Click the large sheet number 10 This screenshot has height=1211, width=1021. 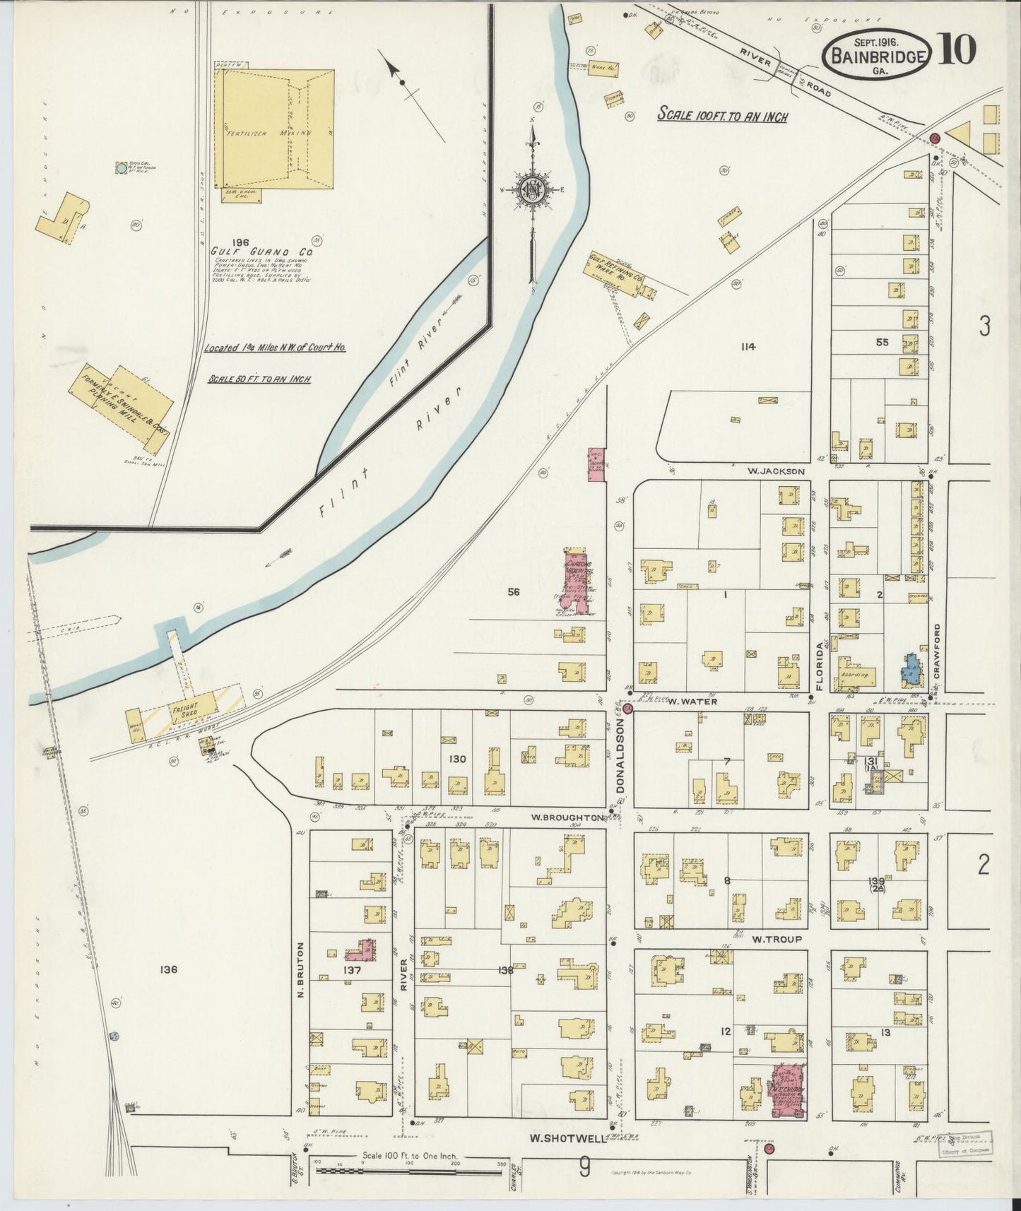[957, 49]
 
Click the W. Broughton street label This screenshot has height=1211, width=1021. [567, 817]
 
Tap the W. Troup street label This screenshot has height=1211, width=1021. [777, 939]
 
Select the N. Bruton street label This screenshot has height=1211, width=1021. [300, 969]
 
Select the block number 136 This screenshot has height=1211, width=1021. [167, 969]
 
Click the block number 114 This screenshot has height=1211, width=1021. [748, 346]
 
